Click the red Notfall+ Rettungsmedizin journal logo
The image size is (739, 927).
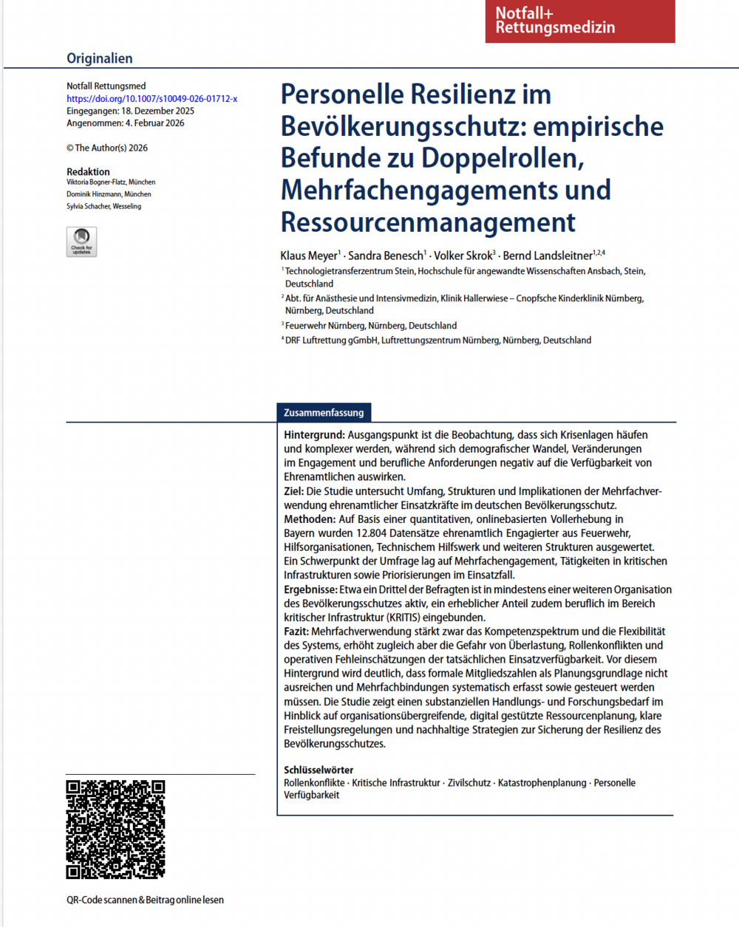(580, 21)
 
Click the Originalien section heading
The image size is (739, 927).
(100, 58)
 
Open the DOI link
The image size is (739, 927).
(151, 98)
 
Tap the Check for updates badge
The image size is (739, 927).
(81, 242)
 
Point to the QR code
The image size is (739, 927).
(115, 829)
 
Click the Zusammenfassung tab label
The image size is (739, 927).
(324, 412)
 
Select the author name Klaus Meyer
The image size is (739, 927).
(309, 256)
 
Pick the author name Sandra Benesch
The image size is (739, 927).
(386, 256)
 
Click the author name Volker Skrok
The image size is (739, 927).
(463, 256)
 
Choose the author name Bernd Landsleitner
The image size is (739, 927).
(548, 256)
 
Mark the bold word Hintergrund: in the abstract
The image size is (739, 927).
(314, 435)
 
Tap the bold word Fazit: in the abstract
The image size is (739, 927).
(296, 632)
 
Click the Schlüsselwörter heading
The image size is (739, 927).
(319, 770)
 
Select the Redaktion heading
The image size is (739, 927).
(88, 171)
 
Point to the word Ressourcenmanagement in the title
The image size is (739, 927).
(428, 222)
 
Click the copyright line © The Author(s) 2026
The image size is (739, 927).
(107, 148)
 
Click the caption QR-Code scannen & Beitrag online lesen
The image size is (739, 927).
(145, 900)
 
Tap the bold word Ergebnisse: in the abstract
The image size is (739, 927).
(310, 589)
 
